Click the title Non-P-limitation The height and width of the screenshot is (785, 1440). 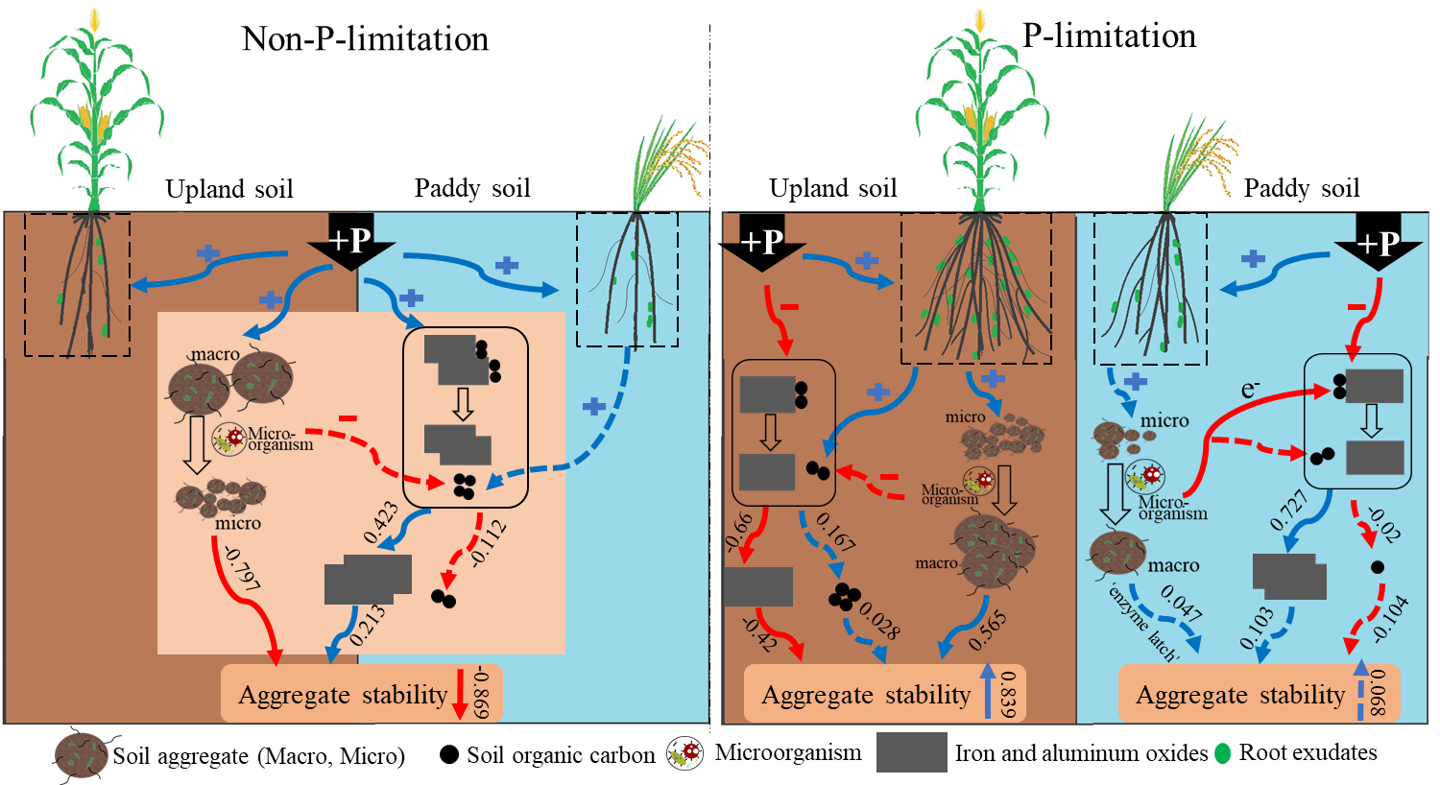365,39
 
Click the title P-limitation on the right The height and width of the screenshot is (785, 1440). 1109,36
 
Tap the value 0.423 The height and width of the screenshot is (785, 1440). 381,522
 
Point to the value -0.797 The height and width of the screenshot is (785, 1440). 241,567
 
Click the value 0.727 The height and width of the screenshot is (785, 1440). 1288,510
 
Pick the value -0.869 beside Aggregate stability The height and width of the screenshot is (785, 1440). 481,693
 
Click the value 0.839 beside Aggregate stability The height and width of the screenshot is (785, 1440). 1007,693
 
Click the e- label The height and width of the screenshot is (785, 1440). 1250,389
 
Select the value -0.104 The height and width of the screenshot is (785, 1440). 1390,618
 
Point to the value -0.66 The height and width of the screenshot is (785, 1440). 739,533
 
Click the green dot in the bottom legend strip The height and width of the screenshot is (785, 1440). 1222,753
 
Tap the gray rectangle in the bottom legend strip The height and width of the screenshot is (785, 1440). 911,752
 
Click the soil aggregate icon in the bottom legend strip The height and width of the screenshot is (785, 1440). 81,754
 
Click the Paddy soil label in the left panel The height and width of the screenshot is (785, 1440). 472,188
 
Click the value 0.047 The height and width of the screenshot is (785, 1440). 1181,603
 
